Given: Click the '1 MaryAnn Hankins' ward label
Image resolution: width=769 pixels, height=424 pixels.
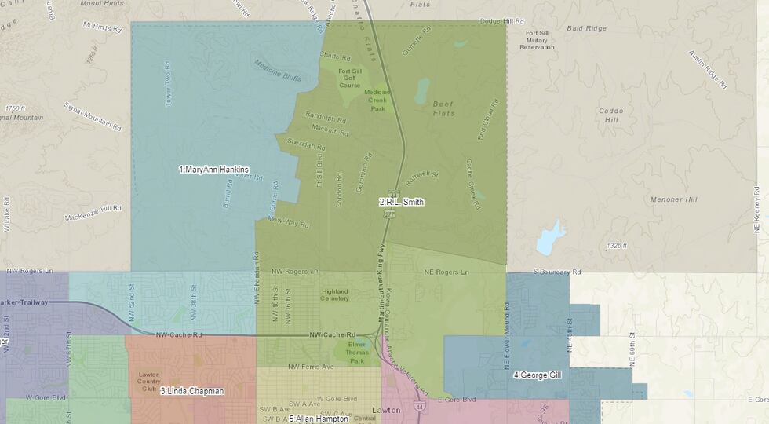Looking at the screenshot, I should tap(213, 170).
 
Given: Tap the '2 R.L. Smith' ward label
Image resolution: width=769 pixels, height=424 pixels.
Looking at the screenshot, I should tap(401, 202).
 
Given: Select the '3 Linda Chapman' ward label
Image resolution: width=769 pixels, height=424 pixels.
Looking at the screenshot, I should tap(192, 391).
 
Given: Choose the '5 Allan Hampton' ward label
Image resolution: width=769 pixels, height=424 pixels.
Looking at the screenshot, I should tap(319, 419).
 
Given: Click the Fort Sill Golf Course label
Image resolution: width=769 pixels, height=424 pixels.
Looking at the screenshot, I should tap(350, 78).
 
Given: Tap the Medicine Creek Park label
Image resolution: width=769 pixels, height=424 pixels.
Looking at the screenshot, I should tap(381, 100).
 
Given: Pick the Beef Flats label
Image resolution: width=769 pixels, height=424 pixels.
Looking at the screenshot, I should tap(444, 108).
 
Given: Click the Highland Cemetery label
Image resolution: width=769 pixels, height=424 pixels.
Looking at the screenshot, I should tap(335, 294).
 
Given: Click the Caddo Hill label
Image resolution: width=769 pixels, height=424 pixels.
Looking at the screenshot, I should tap(610, 115).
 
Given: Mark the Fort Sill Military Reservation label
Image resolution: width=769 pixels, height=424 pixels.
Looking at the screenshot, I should tap(537, 39).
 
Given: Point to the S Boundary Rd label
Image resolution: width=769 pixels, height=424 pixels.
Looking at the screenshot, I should tap(557, 272).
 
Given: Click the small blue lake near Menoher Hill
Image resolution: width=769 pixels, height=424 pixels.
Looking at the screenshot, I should tap(550, 238).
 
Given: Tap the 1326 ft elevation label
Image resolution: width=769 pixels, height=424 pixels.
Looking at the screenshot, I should tap(617, 246).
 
